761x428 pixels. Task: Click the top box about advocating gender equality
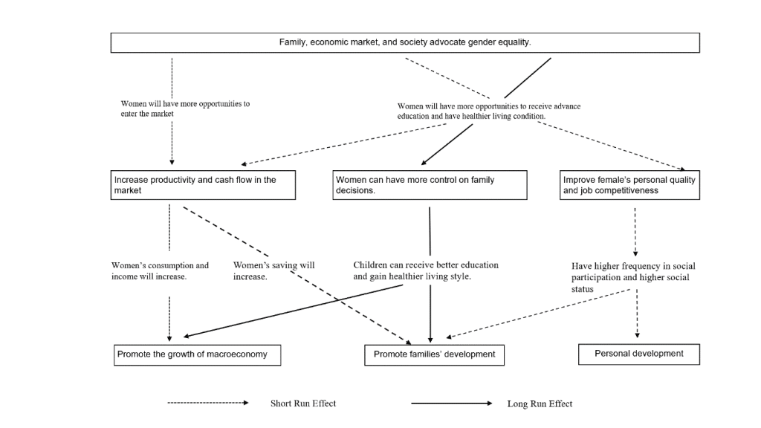[405, 42]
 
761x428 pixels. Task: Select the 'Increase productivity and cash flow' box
[203, 185]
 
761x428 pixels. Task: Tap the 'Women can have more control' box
[430, 185]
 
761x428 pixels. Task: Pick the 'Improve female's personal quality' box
[629, 185]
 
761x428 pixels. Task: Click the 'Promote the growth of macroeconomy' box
[197, 354]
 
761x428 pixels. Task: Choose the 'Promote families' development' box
[434, 354]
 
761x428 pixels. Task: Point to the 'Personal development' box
[638, 354]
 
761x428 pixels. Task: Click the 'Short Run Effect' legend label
[303, 403]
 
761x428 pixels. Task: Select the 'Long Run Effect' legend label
[540, 403]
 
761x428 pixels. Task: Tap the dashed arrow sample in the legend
[208, 403]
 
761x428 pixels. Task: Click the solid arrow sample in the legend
[451, 403]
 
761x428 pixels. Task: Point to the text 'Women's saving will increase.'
[273, 270]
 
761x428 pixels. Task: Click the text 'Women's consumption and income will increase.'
[161, 270]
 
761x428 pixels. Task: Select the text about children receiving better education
[426, 270]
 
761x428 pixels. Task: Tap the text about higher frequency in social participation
[633, 278]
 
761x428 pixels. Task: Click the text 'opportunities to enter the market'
[185, 108]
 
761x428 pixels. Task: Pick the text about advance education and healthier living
[489, 111]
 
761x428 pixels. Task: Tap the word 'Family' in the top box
[293, 42]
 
